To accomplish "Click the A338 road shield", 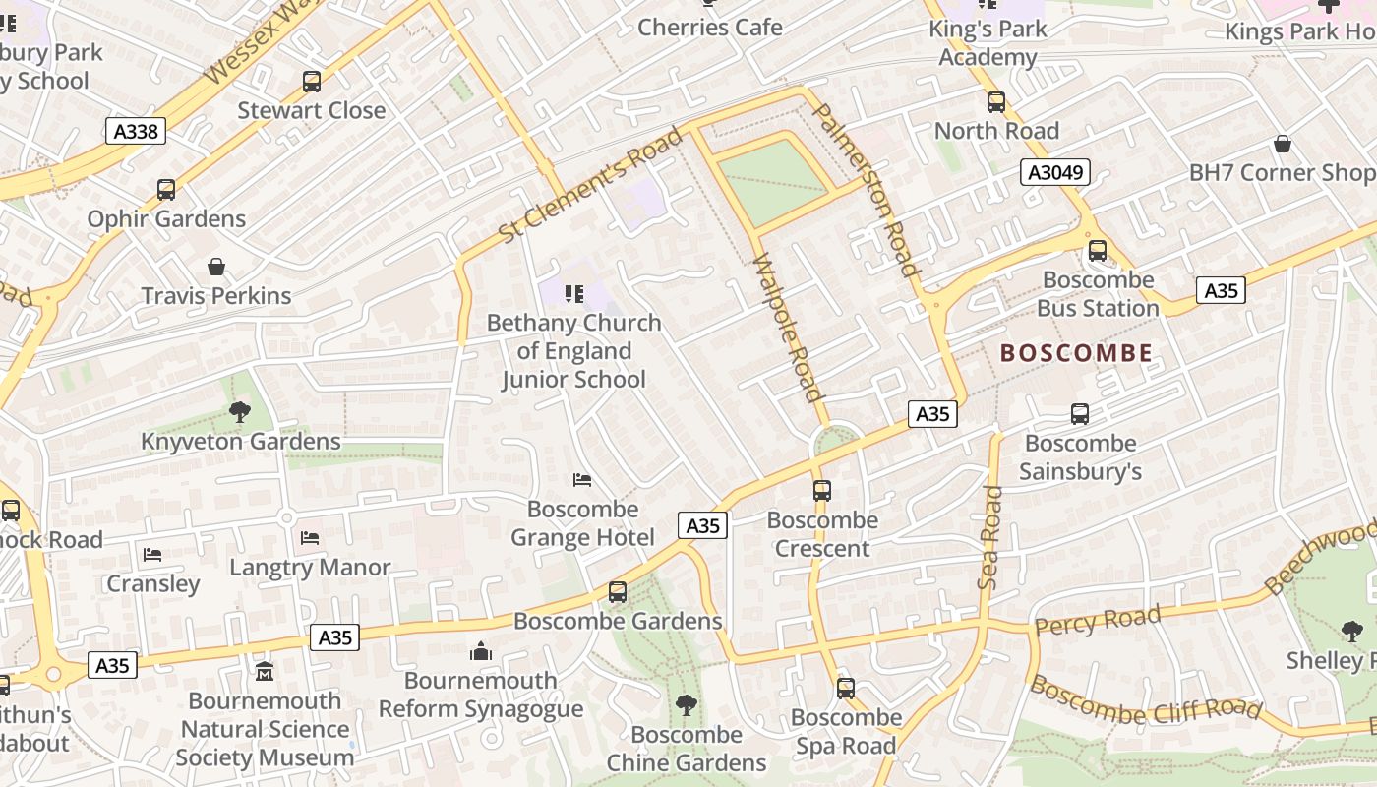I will click(135, 131).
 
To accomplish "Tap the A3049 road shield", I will click(1056, 173).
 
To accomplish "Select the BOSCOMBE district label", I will click(1076, 353).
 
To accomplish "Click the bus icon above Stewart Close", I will click(312, 82).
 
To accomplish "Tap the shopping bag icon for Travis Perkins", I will click(216, 267).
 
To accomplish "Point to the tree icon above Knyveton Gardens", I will click(239, 412).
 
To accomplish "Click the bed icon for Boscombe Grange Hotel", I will click(582, 480).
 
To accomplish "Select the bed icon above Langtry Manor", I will click(310, 538).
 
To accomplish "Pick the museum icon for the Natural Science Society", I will click(265, 672).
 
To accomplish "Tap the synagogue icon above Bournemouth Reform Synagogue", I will click(481, 651).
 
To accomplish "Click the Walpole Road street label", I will click(787, 328).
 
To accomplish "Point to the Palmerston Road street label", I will click(868, 189).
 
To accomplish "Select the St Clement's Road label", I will click(590, 186).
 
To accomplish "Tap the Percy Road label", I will click(1097, 621).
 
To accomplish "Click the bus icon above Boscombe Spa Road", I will click(846, 689).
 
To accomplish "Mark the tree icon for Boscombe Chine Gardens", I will click(686, 705).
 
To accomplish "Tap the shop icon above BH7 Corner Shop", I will click(1283, 145).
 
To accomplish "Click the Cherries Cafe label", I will click(710, 27).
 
